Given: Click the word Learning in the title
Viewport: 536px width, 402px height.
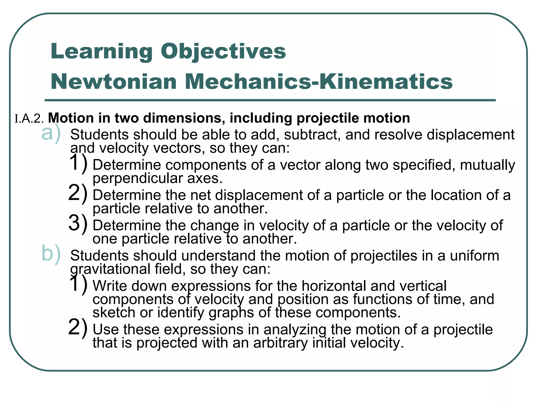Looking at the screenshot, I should pyautogui.click(x=102, y=52).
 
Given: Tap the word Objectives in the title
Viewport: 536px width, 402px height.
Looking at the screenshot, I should pyautogui.click(x=223, y=52).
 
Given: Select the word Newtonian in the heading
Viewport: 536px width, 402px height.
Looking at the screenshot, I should pyautogui.click(x=114, y=82).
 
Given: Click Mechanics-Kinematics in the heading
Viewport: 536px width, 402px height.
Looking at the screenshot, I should pyautogui.click(x=319, y=82).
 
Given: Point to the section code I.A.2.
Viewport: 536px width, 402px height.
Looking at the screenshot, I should pyautogui.click(x=29, y=119).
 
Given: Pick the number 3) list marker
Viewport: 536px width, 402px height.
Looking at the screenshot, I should pyautogui.click(x=78, y=223).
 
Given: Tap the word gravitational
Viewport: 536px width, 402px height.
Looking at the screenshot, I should pyautogui.click(x=110, y=269).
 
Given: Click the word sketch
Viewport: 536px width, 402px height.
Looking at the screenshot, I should pyautogui.click(x=114, y=312).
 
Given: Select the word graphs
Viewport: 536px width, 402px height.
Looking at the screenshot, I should pyautogui.click(x=231, y=312).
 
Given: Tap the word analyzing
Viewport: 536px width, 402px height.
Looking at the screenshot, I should pyautogui.click(x=295, y=330).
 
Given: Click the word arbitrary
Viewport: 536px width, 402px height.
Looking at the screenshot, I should pyautogui.click(x=281, y=343).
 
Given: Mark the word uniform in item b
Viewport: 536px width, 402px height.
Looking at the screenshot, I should pyautogui.click(x=474, y=256).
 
